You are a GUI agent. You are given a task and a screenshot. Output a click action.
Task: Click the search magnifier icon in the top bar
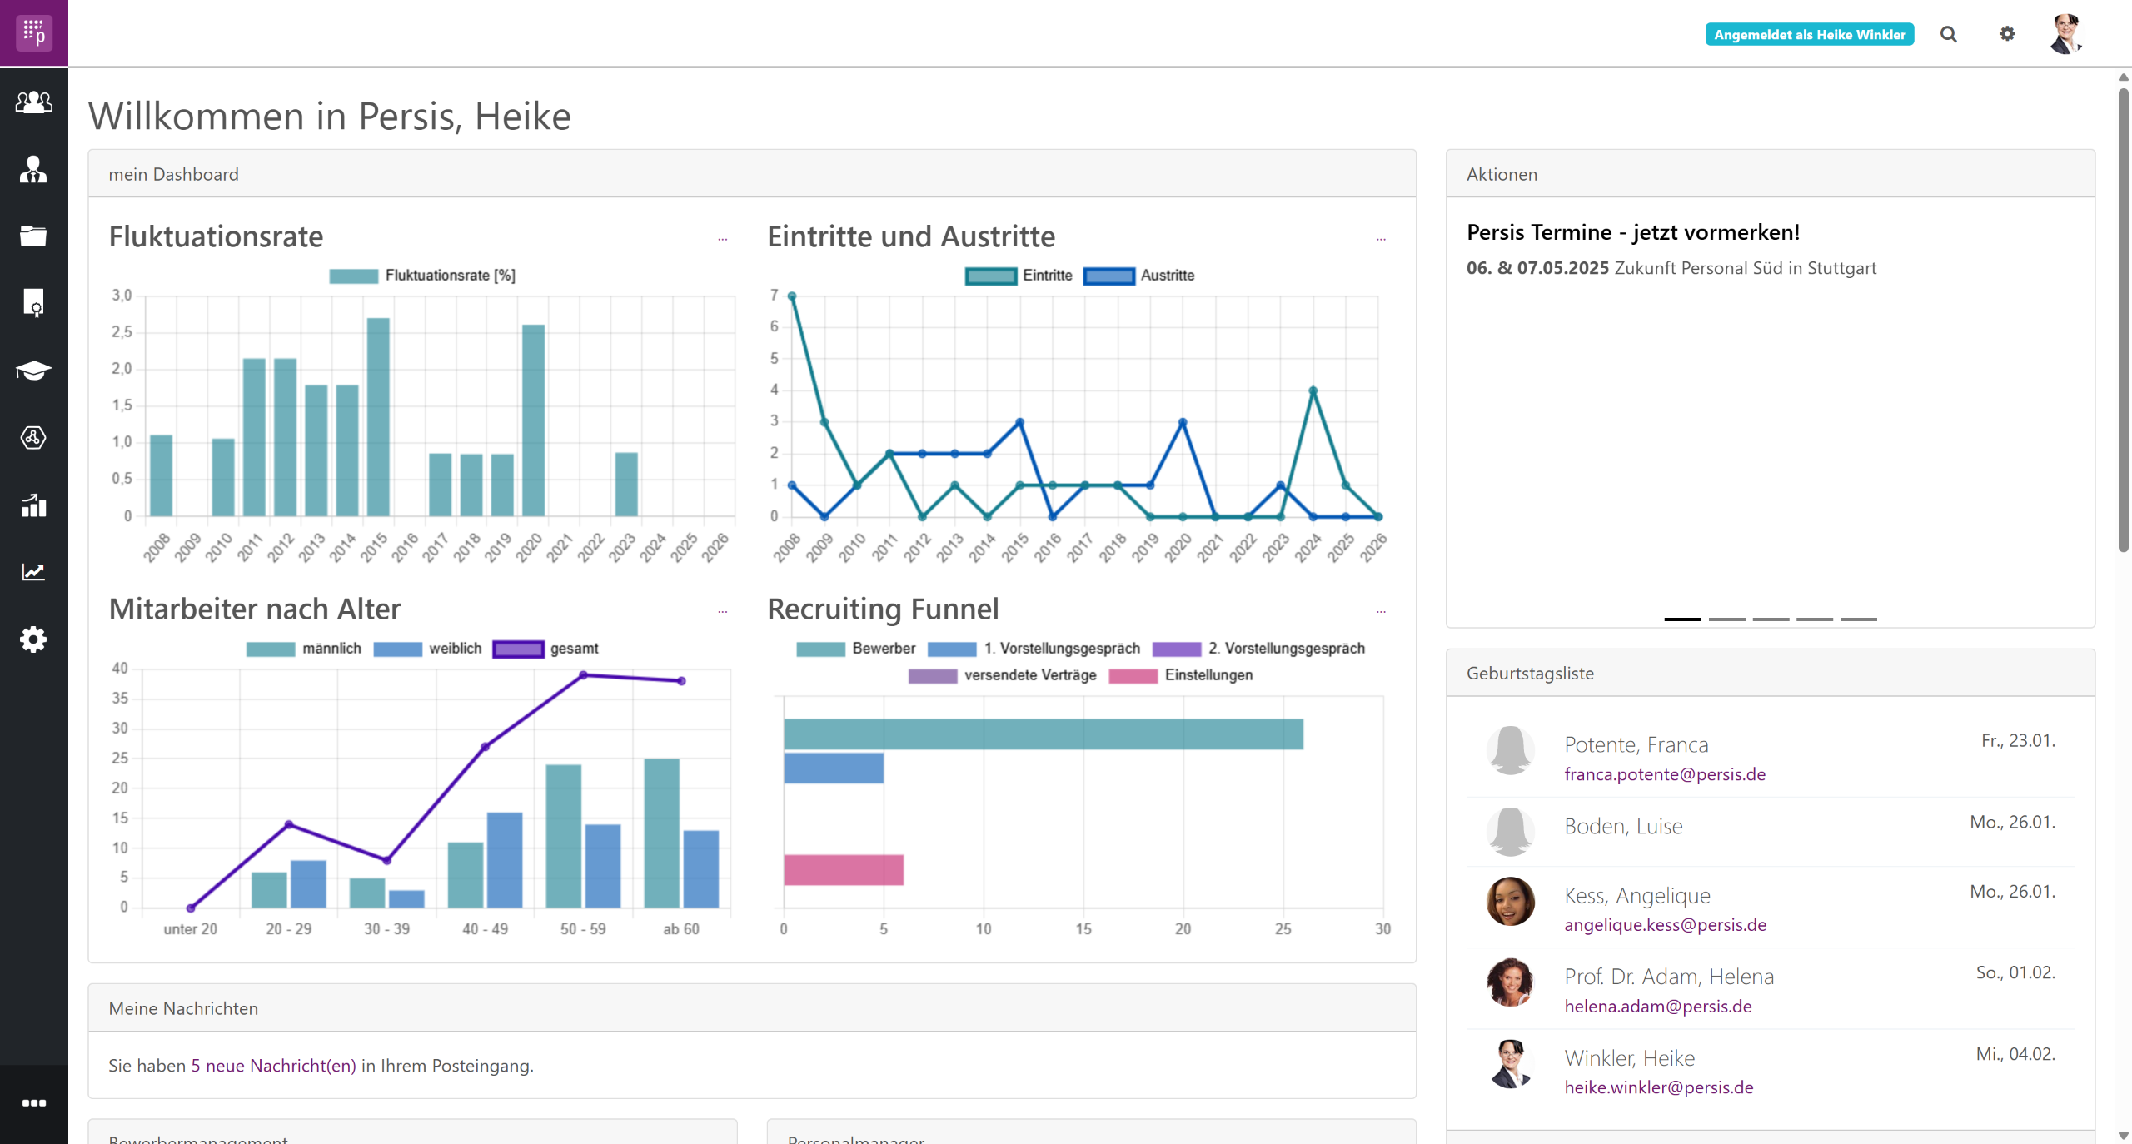(x=1948, y=34)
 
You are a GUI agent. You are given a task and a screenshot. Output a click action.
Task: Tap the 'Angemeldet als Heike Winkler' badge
(x=1809, y=34)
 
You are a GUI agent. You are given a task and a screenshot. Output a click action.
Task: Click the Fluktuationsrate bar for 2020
(x=533, y=420)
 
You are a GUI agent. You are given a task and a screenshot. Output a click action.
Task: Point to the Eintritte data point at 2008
(x=792, y=296)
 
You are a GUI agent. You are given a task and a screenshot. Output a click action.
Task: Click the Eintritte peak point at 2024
(x=1313, y=390)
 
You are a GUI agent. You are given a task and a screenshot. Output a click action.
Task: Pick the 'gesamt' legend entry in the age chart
(x=545, y=649)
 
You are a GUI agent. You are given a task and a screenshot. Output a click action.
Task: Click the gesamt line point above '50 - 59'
(x=583, y=675)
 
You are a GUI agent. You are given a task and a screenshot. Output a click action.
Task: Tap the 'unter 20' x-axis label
(x=190, y=928)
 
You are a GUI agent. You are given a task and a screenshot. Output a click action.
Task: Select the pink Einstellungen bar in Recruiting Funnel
(x=843, y=870)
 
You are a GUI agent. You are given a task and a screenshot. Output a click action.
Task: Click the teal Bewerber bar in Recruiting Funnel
(x=1043, y=734)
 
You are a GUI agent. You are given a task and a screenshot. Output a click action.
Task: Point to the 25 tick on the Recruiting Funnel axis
(x=1283, y=928)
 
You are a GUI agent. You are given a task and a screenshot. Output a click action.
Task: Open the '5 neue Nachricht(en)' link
(x=273, y=1066)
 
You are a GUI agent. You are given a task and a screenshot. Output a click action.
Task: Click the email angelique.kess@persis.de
(x=1665, y=924)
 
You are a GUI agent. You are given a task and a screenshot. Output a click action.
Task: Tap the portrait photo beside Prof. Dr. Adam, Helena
(x=1510, y=982)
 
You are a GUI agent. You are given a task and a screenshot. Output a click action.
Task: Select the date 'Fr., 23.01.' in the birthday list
(x=2018, y=740)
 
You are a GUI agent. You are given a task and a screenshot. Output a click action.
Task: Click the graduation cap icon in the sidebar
(x=33, y=371)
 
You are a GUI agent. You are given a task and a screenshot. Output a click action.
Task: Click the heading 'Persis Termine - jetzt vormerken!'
(x=1632, y=232)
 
